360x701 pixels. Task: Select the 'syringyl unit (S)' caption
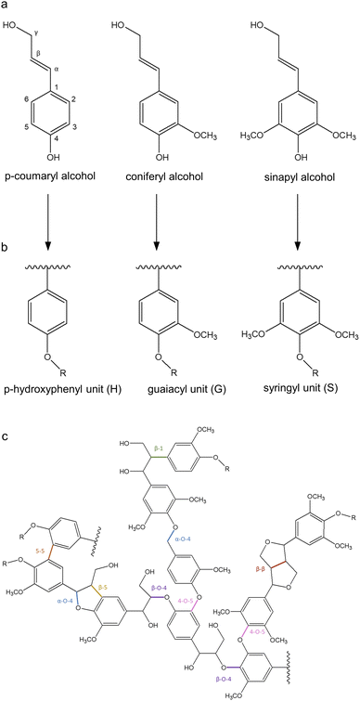pos(300,385)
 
